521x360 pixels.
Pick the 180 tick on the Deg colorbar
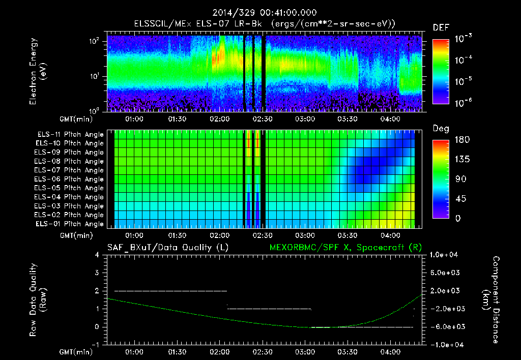459,140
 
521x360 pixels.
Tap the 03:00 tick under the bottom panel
304,351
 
